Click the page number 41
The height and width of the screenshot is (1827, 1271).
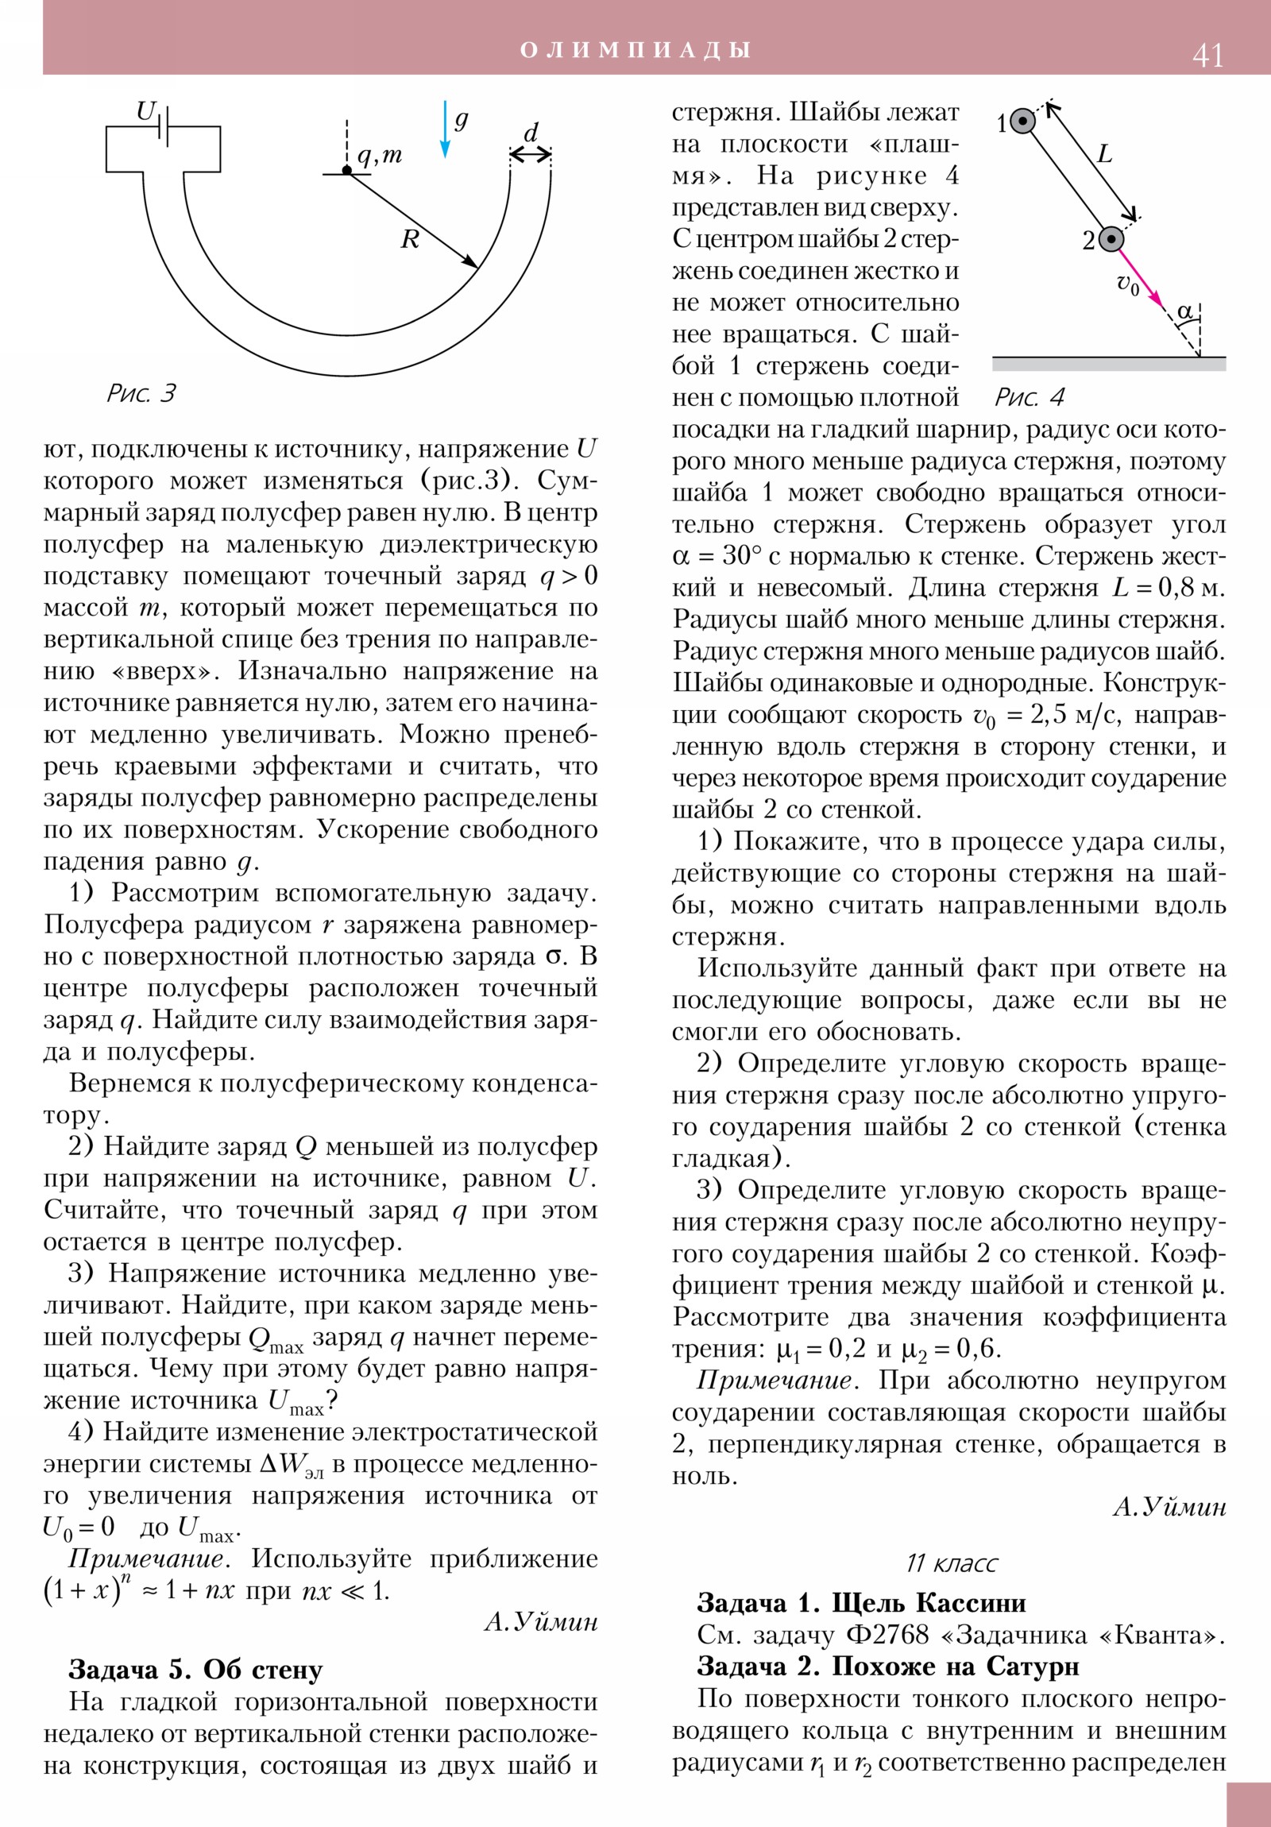(x=1207, y=55)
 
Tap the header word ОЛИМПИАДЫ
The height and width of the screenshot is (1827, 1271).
(x=635, y=50)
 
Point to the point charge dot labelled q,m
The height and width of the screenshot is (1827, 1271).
(x=347, y=170)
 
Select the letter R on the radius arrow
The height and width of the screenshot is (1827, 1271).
(x=410, y=240)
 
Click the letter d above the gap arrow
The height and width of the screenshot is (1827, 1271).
(x=531, y=132)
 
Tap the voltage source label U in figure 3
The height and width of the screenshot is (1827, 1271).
(x=145, y=111)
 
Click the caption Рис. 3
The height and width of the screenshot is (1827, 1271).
(x=141, y=393)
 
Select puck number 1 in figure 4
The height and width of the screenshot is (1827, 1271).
(x=1022, y=122)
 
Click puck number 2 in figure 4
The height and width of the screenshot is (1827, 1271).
(x=1111, y=239)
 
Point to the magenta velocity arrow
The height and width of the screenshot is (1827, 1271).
(x=1141, y=279)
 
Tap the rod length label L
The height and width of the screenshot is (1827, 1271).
(x=1105, y=154)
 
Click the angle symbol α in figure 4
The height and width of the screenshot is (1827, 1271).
(x=1184, y=311)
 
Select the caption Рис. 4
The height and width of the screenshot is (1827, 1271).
(x=1029, y=397)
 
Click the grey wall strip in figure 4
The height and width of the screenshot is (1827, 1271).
(x=1108, y=365)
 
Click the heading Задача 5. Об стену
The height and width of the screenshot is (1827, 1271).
(x=195, y=1670)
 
